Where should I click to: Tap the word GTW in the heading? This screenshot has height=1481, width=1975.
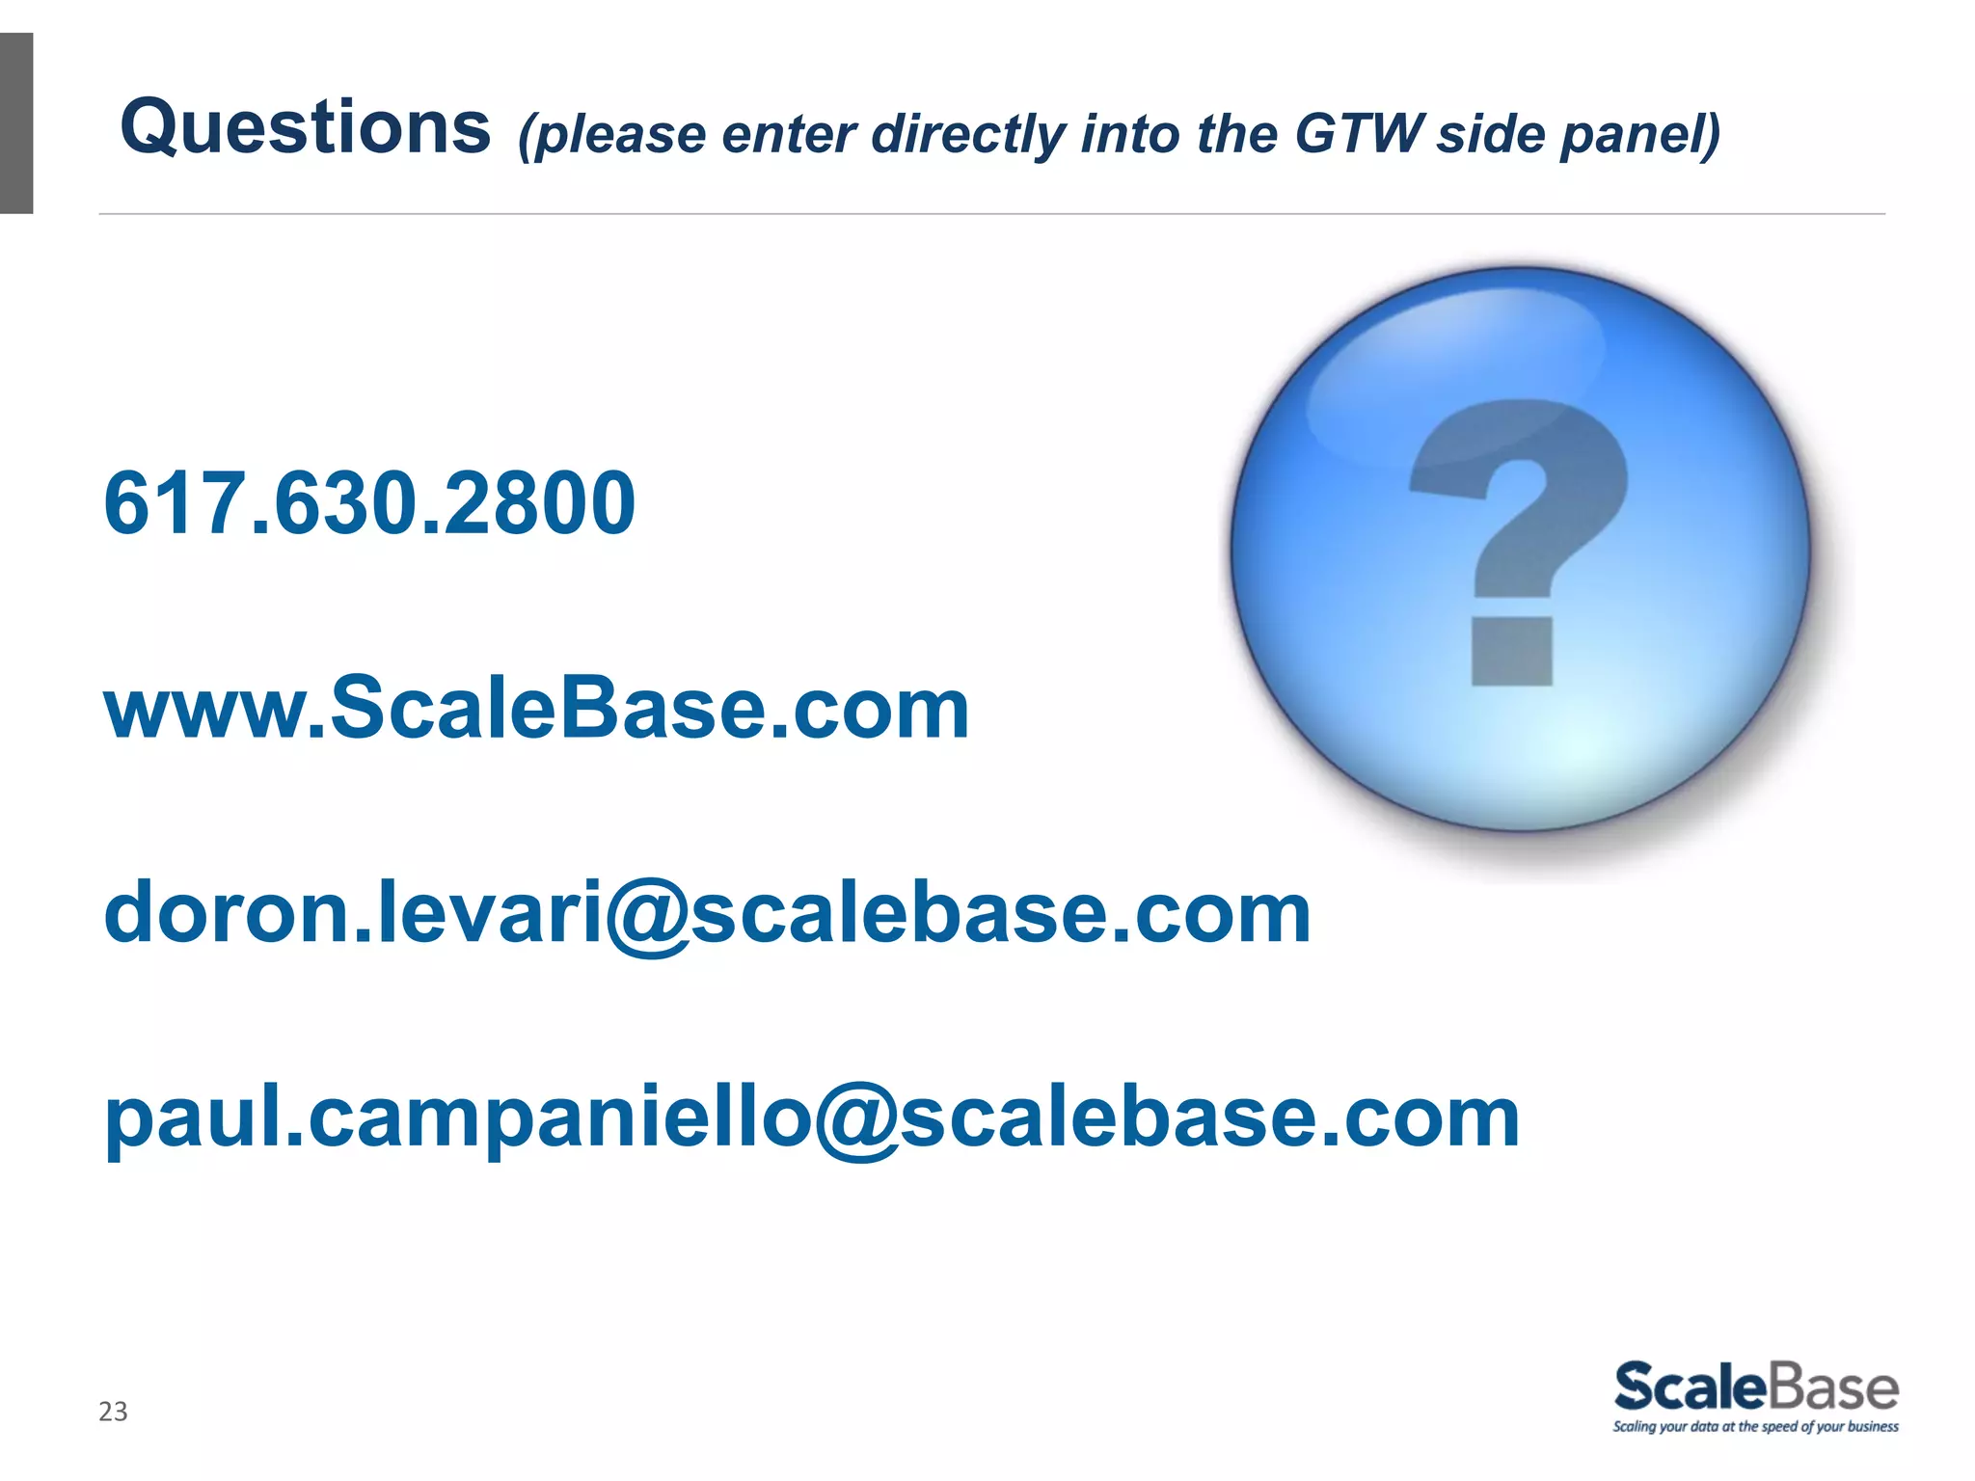pos(1359,133)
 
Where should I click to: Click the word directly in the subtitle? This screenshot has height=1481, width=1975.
pos(969,135)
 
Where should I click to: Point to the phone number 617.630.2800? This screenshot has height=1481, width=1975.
pos(369,503)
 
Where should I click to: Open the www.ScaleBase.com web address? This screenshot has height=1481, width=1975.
pos(536,709)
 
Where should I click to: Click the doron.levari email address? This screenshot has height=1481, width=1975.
pos(707,913)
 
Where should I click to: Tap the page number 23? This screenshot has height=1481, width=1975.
pos(113,1412)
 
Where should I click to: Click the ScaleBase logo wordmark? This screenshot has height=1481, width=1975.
pos(1756,1387)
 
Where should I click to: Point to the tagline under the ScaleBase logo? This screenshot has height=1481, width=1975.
pos(1755,1427)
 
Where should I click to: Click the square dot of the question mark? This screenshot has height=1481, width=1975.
pos(1511,651)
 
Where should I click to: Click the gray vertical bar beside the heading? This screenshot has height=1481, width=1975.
pos(16,123)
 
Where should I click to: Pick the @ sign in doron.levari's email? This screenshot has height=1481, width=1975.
pos(647,916)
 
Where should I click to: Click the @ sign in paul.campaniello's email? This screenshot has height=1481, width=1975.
pos(855,1120)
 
